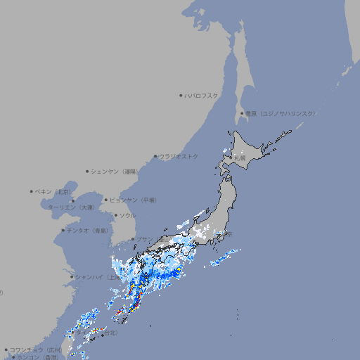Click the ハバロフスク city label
coord(202,95)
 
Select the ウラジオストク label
coord(179,156)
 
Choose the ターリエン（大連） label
coord(71,207)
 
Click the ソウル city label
coord(127,216)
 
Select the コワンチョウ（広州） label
coord(36,349)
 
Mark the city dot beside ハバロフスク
coord(181,95)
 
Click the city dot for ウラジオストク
coord(155,156)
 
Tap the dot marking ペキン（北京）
coord(32,191)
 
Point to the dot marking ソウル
coord(115,216)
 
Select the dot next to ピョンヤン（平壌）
coord(107,200)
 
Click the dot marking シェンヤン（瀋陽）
coord(87,171)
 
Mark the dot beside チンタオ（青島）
coord(63,230)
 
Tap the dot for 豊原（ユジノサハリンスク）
coord(242,113)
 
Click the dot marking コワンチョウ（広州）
coord(6,349)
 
